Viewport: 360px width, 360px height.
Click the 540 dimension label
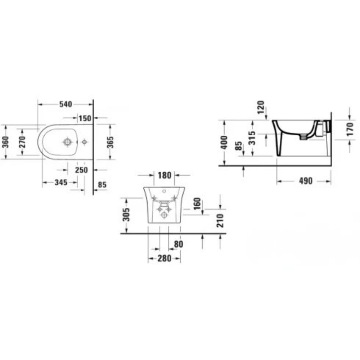pyautogui.click(x=66, y=104)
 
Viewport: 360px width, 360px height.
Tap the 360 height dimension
pyautogui.click(x=5, y=142)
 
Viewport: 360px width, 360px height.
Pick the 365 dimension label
pyautogui.click(x=111, y=142)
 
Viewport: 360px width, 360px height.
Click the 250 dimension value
pyautogui.click(x=81, y=170)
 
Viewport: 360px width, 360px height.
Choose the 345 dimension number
pyautogui.click(x=61, y=183)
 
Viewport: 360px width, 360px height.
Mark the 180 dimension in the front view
pyautogui.click(x=165, y=175)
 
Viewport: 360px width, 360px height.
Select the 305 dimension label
pyautogui.click(x=126, y=215)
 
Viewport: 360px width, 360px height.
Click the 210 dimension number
pyautogui.click(x=220, y=220)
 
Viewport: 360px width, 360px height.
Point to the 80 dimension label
pyautogui.click(x=178, y=244)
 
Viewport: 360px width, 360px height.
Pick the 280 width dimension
pyautogui.click(x=164, y=258)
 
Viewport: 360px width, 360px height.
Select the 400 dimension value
pyautogui.click(x=224, y=143)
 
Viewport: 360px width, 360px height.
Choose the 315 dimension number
pyautogui.click(x=252, y=138)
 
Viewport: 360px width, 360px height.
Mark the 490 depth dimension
pyautogui.click(x=306, y=181)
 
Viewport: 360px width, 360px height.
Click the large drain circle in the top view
pyautogui.click(x=67, y=142)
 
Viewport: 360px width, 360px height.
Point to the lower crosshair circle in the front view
pyautogui.click(x=165, y=215)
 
